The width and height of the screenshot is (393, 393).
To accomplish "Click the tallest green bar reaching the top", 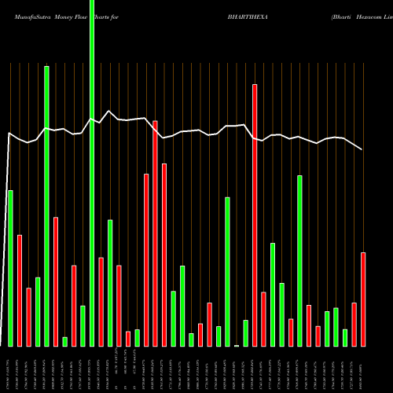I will click(x=92, y=173).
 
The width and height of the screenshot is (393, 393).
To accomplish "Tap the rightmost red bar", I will click(x=363, y=299).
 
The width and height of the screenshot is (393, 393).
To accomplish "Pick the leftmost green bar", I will click(x=10, y=267).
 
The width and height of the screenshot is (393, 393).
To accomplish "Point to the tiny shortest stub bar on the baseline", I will click(x=237, y=345).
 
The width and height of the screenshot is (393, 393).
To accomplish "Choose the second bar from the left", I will click(x=20, y=290).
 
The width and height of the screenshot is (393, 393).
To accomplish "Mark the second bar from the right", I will click(x=354, y=324).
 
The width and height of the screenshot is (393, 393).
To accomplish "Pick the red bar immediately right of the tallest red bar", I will click(x=263, y=318).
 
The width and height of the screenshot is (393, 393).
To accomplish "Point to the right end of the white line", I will click(x=363, y=149).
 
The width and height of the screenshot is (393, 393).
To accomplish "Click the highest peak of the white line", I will click(x=110, y=112).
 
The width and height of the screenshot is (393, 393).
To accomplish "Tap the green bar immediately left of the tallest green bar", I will click(x=83, y=325).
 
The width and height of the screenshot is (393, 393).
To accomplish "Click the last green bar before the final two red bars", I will click(x=345, y=337).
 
